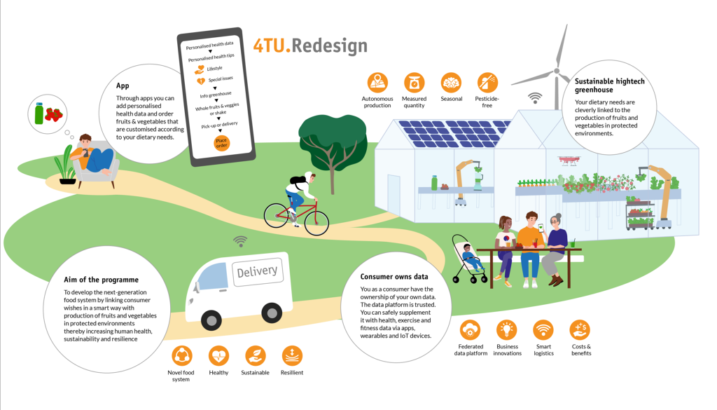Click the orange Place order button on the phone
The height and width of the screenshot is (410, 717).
pyautogui.click(x=221, y=143)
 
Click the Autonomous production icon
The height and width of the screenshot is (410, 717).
pyautogui.click(x=377, y=83)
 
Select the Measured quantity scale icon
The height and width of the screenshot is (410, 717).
pyautogui.click(x=414, y=83)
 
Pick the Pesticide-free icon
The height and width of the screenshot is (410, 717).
pyautogui.click(x=487, y=83)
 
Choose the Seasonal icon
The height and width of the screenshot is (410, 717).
pyautogui.click(x=451, y=83)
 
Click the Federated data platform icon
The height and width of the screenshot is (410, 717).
pyautogui.click(x=471, y=329)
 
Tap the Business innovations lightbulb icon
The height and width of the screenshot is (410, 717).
pyautogui.click(x=507, y=329)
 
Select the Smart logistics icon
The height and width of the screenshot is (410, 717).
pyautogui.click(x=543, y=329)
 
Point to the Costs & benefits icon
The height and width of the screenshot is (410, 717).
pyautogui.click(x=580, y=329)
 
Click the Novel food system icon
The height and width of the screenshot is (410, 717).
pyautogui.click(x=181, y=355)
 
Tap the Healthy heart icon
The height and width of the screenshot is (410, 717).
pyautogui.click(x=218, y=355)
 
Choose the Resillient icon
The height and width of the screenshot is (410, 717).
pyautogui.click(x=292, y=355)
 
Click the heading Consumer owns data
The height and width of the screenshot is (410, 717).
pyautogui.click(x=394, y=277)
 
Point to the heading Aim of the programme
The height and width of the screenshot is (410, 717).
pyautogui.click(x=101, y=280)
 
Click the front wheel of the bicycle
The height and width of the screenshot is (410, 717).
pyautogui.click(x=316, y=223)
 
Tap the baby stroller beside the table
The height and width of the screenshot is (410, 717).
pyautogui.click(x=468, y=259)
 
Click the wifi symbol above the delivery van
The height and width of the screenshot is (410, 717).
pyautogui.click(x=240, y=242)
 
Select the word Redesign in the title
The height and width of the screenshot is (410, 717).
pyautogui.click(x=330, y=46)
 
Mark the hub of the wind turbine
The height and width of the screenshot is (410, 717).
pyautogui.click(x=557, y=71)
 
